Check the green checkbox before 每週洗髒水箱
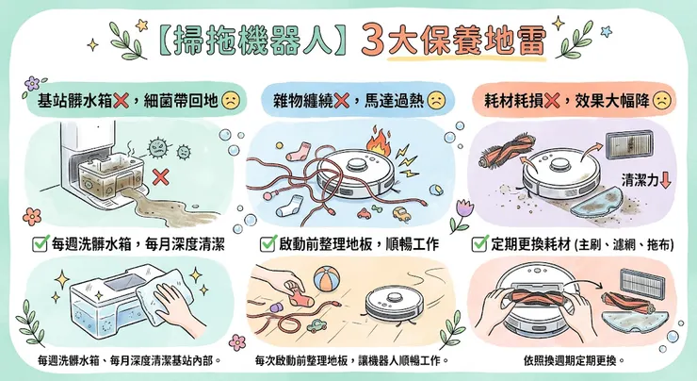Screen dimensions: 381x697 click(40, 244)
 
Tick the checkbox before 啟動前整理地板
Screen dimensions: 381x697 click(267, 244)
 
